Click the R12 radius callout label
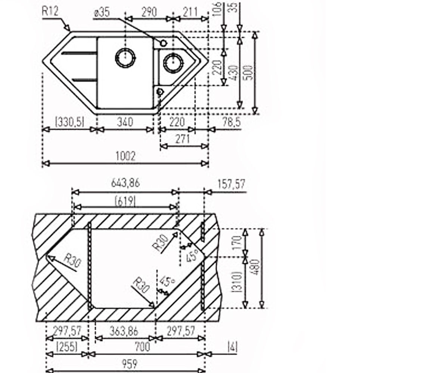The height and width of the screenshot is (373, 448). pyautogui.click(x=50, y=11)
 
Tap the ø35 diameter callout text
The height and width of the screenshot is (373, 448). pyautogui.click(x=102, y=12)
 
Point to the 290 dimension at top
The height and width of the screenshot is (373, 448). pyautogui.click(x=149, y=12)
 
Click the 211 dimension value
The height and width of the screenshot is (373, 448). pyautogui.click(x=190, y=12)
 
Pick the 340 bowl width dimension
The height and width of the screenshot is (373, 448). pyautogui.click(x=125, y=122)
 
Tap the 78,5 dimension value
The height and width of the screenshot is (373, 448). pyautogui.click(x=232, y=122)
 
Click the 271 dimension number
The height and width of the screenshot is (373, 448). pyautogui.click(x=183, y=139)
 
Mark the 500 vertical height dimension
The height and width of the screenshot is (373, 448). pyautogui.click(x=249, y=73)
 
